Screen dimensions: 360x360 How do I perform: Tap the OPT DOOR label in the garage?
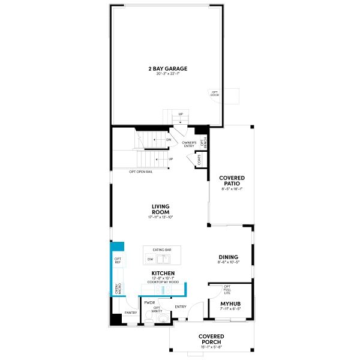click(x=214, y=94)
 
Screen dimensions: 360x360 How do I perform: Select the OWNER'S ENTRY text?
click(x=190, y=144)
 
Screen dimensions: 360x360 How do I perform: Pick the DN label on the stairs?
click(x=160, y=140)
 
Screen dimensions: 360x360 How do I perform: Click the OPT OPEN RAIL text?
click(x=140, y=172)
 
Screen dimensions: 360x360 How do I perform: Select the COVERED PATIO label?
click(x=232, y=181)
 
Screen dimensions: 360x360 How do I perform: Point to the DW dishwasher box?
click(x=150, y=259)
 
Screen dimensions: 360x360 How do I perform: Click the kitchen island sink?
click(x=164, y=259)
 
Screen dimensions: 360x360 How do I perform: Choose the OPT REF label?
click(x=118, y=260)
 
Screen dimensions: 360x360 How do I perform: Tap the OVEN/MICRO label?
click(x=118, y=289)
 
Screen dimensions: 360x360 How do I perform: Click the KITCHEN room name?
click(x=163, y=273)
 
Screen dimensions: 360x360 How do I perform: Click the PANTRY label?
click(x=131, y=313)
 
